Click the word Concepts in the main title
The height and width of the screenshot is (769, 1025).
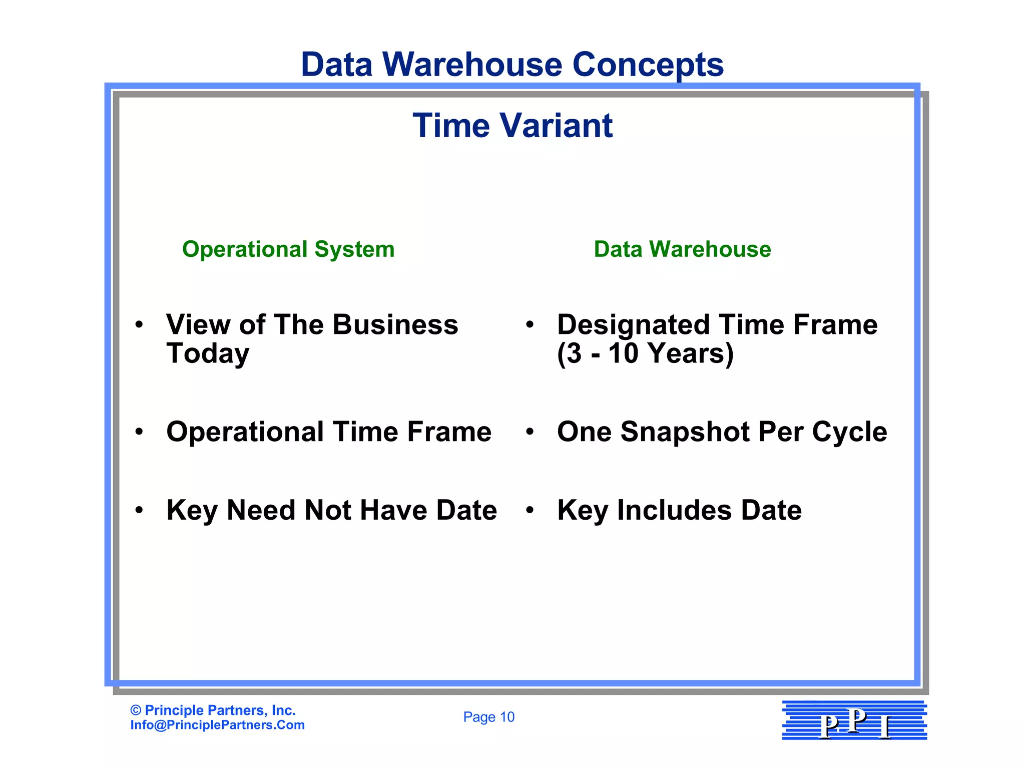(x=648, y=65)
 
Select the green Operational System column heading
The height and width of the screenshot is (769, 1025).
(x=288, y=249)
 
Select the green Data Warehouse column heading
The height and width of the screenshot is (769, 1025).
(x=682, y=249)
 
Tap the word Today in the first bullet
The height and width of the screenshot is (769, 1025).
(x=208, y=353)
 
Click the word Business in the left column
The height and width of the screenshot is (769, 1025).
(x=395, y=324)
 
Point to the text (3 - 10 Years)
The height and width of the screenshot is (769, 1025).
(x=645, y=353)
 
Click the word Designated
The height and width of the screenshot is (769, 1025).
(x=634, y=324)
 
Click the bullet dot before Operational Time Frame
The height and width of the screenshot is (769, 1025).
(x=139, y=432)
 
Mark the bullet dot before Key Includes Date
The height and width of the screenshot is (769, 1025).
(x=530, y=510)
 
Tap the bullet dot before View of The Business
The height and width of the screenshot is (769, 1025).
(x=139, y=324)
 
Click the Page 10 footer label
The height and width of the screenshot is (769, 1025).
(x=488, y=717)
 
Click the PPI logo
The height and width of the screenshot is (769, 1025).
(x=854, y=720)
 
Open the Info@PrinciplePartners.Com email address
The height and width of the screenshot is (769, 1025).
(x=217, y=725)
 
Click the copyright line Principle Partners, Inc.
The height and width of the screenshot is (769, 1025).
(x=213, y=710)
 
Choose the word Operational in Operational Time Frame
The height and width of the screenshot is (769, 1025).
(x=245, y=432)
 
